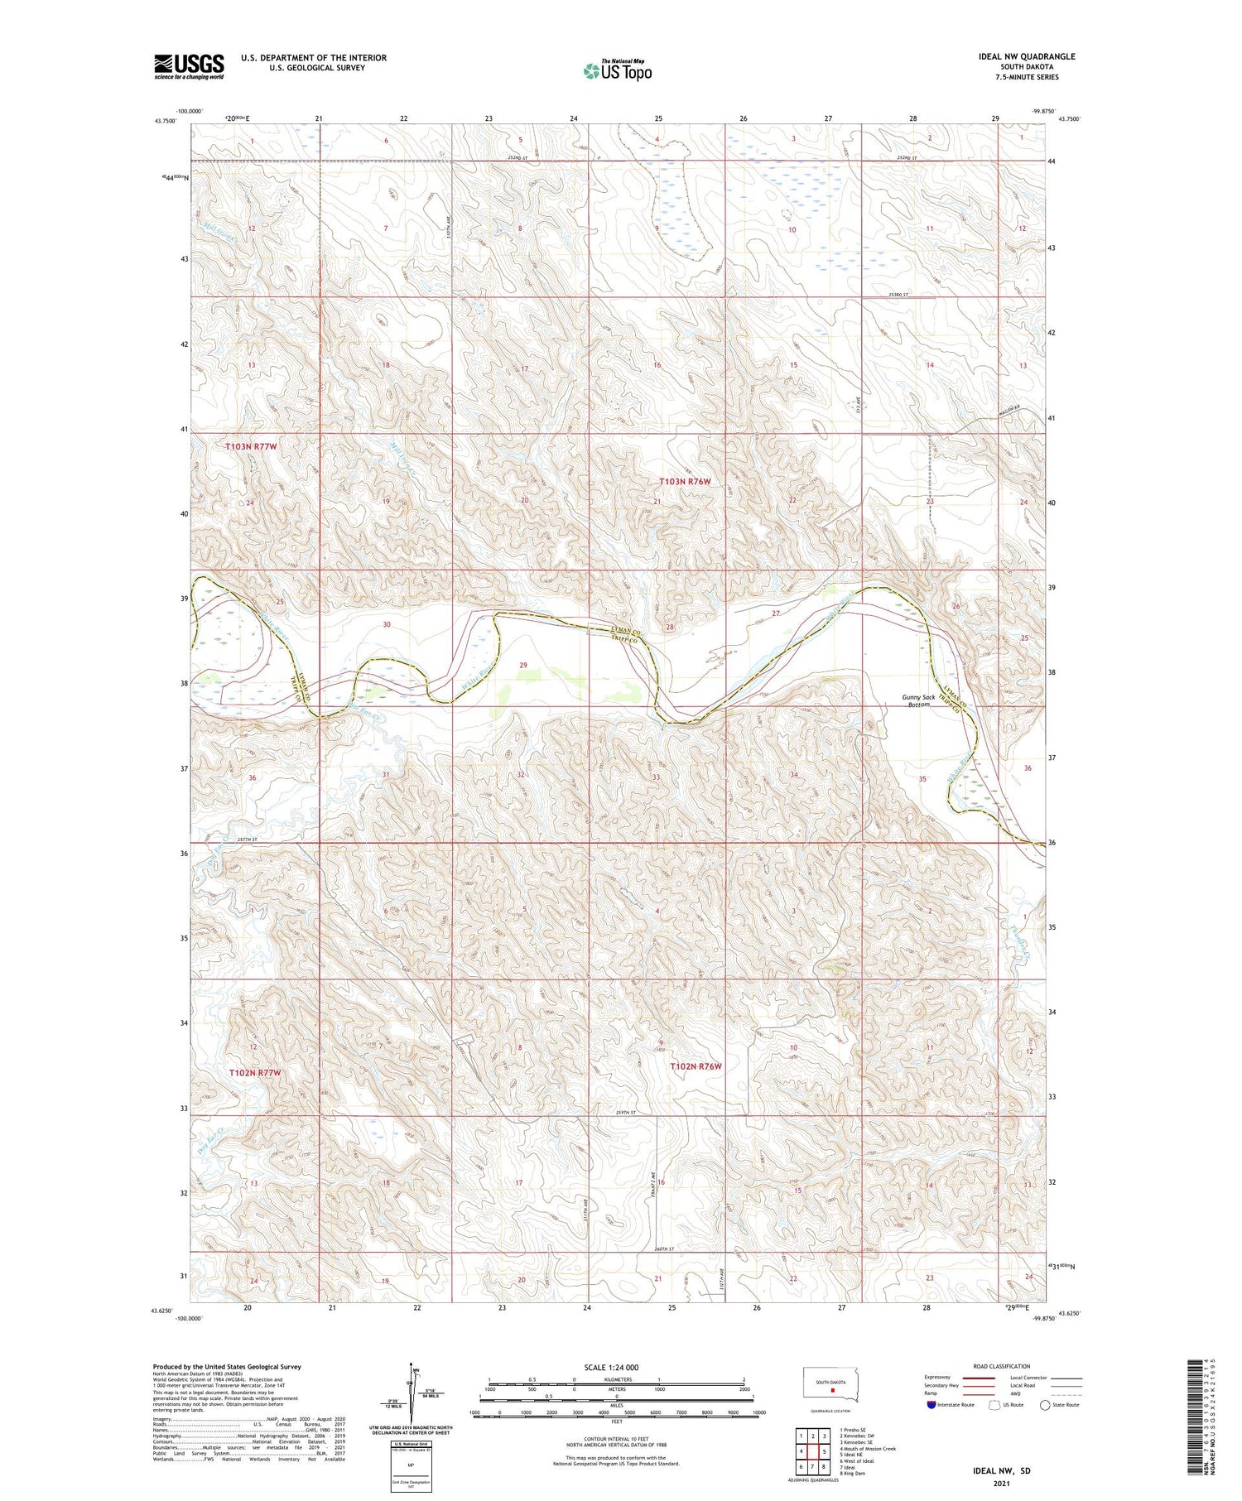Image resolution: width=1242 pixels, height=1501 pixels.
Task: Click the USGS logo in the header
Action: click(x=189, y=66)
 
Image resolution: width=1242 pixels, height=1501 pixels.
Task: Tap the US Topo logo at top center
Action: click(x=617, y=70)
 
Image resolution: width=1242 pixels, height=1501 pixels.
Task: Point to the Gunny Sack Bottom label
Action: click(x=919, y=700)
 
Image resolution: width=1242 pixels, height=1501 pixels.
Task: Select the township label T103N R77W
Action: click(x=251, y=446)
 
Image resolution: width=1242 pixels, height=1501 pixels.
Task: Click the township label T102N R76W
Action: click(x=696, y=1066)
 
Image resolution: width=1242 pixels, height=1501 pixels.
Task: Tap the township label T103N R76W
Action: click(x=685, y=481)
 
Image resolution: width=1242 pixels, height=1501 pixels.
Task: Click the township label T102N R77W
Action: click(x=254, y=1072)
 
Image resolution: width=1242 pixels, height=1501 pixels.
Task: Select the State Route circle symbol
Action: click(x=1045, y=1405)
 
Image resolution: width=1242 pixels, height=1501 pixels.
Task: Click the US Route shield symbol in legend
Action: click(x=994, y=1405)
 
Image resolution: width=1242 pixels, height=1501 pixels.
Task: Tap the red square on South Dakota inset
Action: click(x=833, y=1391)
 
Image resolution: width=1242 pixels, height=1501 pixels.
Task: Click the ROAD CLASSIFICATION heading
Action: click(x=1001, y=1366)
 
